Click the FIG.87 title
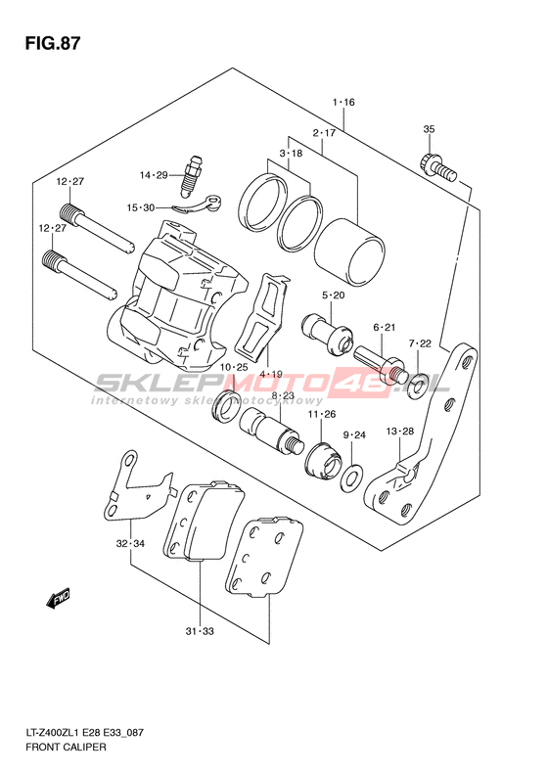click(x=53, y=43)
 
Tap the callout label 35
click(x=429, y=129)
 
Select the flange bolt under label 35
click(x=437, y=169)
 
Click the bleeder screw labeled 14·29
click(x=193, y=175)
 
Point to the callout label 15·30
click(x=140, y=207)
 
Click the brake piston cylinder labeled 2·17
click(x=349, y=252)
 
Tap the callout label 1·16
click(x=343, y=102)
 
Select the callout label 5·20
click(x=334, y=296)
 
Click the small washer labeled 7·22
click(x=418, y=385)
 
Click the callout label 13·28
click(x=400, y=432)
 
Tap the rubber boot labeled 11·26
click(x=323, y=462)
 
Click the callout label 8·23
click(x=283, y=395)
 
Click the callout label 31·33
click(x=200, y=631)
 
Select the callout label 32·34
click(x=130, y=543)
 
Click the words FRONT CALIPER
click(x=66, y=747)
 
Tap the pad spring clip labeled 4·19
click(x=261, y=318)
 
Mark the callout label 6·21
click(x=385, y=327)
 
